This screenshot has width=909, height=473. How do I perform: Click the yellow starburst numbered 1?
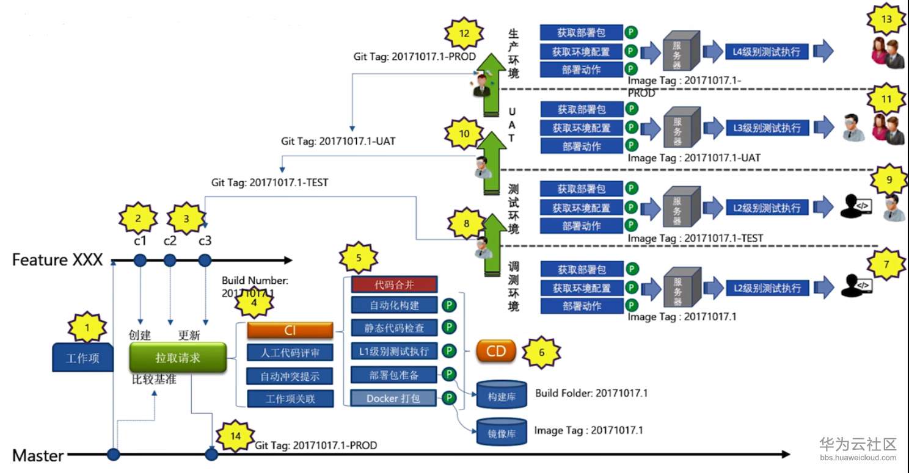pyautogui.click(x=87, y=329)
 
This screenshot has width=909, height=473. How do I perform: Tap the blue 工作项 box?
pyautogui.click(x=82, y=358)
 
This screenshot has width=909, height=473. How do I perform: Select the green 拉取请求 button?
pyautogui.click(x=178, y=358)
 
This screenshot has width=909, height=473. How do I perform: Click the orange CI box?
pyautogui.click(x=290, y=331)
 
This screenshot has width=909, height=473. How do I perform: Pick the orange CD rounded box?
pyautogui.click(x=495, y=352)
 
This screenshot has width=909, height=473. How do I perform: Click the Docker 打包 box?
pyautogui.click(x=395, y=399)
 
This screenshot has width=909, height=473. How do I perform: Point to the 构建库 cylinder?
pyautogui.click(x=501, y=395)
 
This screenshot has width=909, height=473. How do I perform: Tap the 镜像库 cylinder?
pyautogui.click(x=501, y=433)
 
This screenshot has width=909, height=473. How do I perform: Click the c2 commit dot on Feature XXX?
pyautogui.click(x=170, y=261)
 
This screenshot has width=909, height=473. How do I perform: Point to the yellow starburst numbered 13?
pyautogui.click(x=886, y=20)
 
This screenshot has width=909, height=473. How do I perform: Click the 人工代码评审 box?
pyautogui.click(x=290, y=353)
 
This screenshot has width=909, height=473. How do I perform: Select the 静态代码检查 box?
pyautogui.click(x=395, y=328)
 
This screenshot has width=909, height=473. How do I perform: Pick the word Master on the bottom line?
pyautogui.click(x=38, y=455)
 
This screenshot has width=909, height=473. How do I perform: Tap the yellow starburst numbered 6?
pyautogui.click(x=541, y=352)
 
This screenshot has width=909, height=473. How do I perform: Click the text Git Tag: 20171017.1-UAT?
pyautogui.click(x=338, y=141)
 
